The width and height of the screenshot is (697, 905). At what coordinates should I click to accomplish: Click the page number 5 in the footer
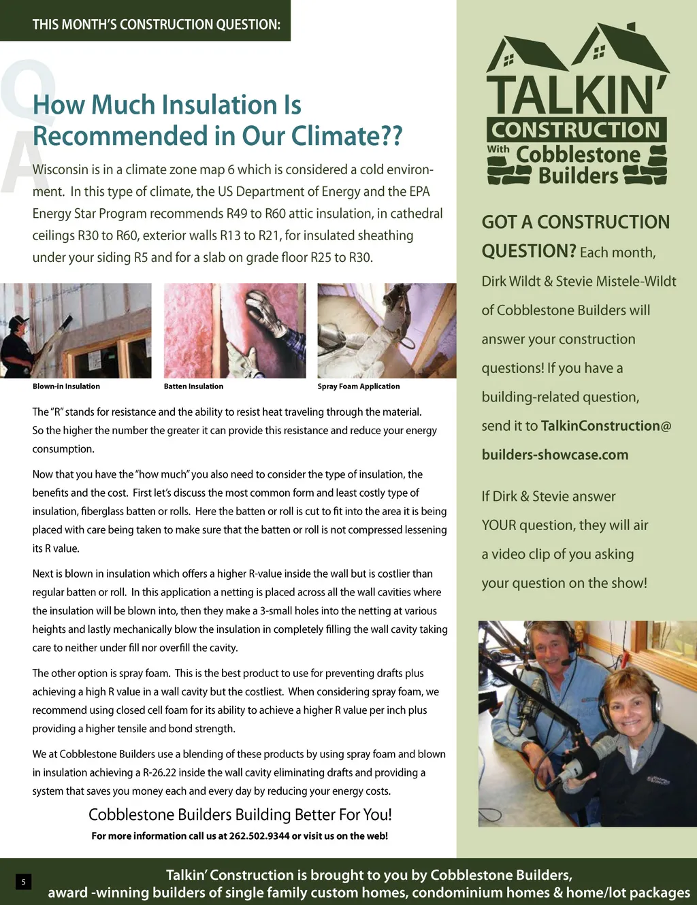[23, 882]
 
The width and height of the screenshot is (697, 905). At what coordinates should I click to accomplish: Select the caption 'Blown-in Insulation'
[66, 386]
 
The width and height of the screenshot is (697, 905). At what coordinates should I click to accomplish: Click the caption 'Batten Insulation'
[193, 386]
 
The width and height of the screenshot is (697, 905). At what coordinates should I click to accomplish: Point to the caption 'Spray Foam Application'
[358, 386]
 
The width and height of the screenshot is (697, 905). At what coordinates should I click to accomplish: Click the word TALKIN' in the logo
[576, 95]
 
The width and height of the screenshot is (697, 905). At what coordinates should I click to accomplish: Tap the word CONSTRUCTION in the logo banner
[576, 129]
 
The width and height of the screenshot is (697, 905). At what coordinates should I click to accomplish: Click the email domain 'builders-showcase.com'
[555, 455]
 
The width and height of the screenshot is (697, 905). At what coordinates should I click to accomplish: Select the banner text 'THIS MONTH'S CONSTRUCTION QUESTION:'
[156, 24]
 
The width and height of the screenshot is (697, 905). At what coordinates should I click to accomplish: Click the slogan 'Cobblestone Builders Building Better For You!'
[240, 814]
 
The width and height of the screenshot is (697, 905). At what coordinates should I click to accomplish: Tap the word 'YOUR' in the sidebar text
[499, 525]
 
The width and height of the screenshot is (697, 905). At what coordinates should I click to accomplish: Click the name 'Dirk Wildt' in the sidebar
[510, 281]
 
